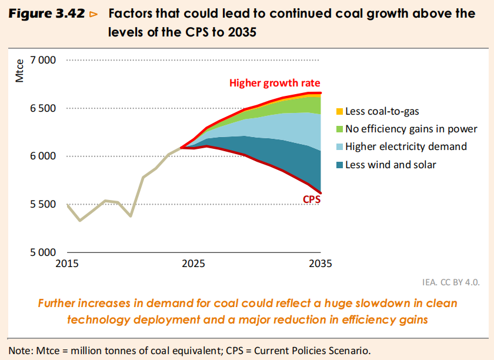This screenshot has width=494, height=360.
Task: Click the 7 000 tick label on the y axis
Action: tap(42, 60)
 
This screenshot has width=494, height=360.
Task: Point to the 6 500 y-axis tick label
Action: tap(42, 108)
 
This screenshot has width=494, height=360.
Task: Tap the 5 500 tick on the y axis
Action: tap(42, 205)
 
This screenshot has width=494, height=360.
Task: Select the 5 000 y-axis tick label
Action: tap(42, 253)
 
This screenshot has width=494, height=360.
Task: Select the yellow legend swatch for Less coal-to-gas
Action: tap(339, 111)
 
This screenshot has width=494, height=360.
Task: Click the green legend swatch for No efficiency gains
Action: tap(339, 129)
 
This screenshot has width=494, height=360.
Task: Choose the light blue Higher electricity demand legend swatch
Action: tap(339, 146)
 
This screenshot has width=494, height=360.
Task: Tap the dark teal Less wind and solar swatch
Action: tap(339, 165)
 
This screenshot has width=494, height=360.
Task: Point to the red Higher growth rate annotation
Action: tap(275, 83)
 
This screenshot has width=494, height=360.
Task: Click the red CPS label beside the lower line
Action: tap(311, 199)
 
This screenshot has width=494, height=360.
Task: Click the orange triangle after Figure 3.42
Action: tap(93, 15)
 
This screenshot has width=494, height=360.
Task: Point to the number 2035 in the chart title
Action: tap(239, 32)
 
